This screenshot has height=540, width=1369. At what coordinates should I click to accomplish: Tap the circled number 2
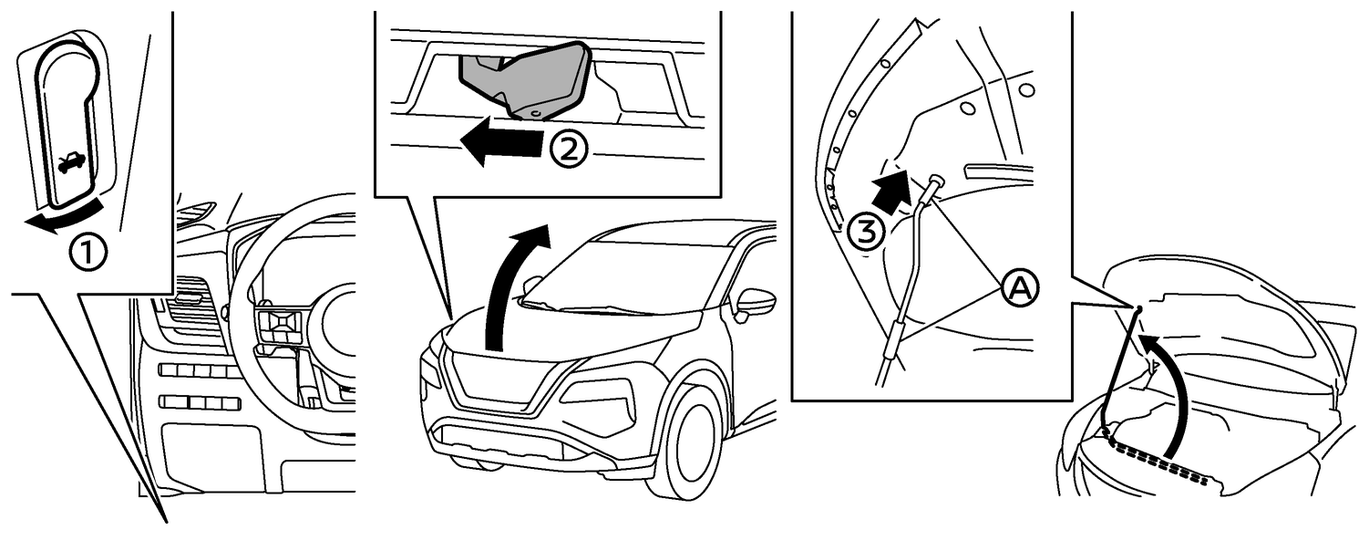[570, 149]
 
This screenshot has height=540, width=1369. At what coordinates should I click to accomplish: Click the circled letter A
[1019, 288]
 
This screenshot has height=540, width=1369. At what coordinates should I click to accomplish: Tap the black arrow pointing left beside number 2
[501, 143]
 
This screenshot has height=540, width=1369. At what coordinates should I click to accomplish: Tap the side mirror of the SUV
[754, 302]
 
